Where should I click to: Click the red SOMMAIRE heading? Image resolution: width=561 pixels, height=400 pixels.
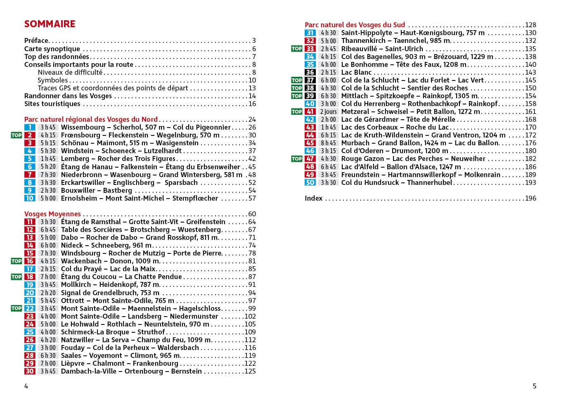[x=50, y=24]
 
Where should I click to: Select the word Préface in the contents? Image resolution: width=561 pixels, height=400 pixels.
[x=36, y=40]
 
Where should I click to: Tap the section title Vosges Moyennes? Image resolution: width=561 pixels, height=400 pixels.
[x=52, y=214]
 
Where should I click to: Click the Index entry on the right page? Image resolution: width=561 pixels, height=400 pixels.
[x=313, y=198]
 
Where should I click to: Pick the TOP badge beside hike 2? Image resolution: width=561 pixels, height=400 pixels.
[x=16, y=135]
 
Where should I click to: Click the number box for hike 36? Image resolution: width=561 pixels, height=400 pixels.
[x=310, y=72]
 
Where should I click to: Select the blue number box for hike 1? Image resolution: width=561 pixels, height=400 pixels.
[x=30, y=127]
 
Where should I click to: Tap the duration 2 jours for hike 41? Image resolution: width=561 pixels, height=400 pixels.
[x=328, y=111]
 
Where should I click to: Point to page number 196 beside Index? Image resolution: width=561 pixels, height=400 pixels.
[x=530, y=198]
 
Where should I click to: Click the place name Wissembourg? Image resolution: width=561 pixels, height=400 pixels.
[x=83, y=127]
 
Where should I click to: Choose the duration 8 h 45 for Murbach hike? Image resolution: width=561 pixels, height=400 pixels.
[x=328, y=143]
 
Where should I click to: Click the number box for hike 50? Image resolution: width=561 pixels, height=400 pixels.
[x=310, y=182]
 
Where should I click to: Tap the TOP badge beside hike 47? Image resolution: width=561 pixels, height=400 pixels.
[x=296, y=159]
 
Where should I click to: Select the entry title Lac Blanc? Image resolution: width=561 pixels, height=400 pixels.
[x=356, y=72]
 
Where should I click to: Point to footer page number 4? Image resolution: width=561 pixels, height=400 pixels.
[x=26, y=386]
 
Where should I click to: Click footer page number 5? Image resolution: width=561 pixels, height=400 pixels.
[x=534, y=386]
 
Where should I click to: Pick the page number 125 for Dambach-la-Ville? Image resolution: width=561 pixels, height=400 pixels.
[x=250, y=371]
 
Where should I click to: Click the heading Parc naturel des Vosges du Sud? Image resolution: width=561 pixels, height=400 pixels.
[x=355, y=25]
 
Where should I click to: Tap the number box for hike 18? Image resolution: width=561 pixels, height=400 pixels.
[x=30, y=277]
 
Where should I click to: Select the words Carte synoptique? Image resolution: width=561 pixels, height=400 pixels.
[x=52, y=49]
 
